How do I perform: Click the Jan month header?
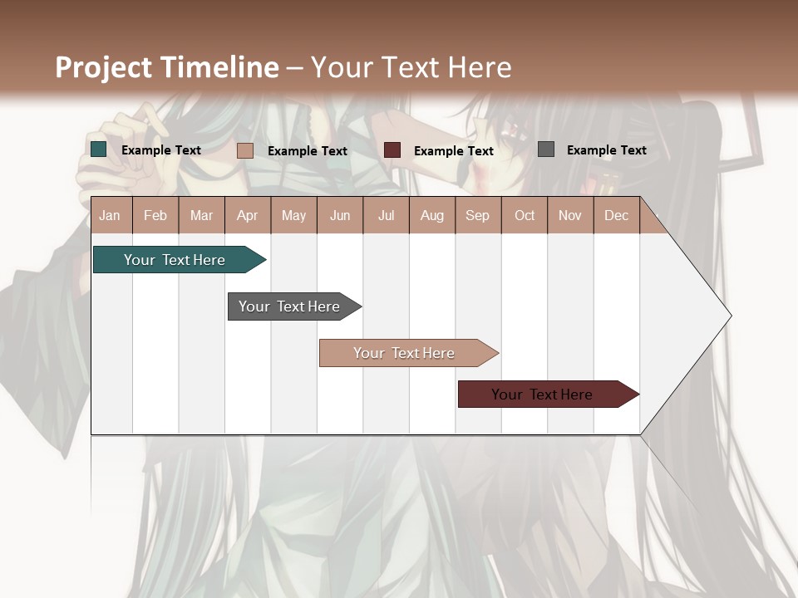point(111,216)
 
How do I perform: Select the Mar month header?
point(202,216)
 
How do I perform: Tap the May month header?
point(293,216)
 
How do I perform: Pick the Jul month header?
point(387,216)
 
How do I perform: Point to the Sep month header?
point(478,216)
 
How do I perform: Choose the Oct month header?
point(525,216)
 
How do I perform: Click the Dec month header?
point(617,216)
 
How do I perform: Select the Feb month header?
point(155,216)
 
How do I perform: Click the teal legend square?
point(99,149)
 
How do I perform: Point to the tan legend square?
point(245,150)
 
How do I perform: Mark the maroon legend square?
point(392,150)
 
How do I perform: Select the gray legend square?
point(546,149)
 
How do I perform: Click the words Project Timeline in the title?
point(167,67)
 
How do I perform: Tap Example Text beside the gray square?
point(606,150)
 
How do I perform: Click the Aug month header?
point(432,216)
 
